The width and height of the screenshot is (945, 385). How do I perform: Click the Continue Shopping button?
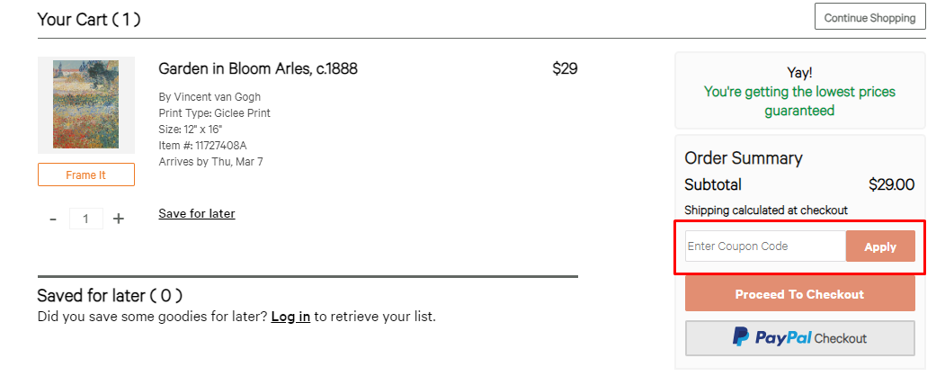coord(869,17)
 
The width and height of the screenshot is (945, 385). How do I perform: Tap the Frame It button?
coord(85,175)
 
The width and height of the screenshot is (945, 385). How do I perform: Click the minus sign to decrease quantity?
coord(53,219)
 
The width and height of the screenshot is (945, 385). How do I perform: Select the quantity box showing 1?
coord(86,219)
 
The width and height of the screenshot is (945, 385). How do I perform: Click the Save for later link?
coord(197,213)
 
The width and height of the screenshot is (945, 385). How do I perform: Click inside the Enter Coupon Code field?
coord(765,246)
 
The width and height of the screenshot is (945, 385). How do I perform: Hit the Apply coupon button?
coord(880,246)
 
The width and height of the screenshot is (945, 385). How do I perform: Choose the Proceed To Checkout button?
coord(799,294)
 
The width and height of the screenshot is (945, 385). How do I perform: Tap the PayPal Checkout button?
coord(799,338)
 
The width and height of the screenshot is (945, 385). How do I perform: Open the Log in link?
coord(290,317)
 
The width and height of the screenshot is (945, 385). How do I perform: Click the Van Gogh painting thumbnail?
coord(85,105)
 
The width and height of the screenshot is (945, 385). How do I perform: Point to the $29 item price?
coord(565,68)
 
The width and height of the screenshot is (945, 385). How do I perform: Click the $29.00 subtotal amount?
coord(891,184)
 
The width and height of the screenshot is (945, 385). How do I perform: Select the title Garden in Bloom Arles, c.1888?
coord(258,68)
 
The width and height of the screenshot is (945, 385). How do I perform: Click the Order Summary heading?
coord(743,158)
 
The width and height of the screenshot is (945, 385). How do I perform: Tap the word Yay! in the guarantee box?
coord(799,73)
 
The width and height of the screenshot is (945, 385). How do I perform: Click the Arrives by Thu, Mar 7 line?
coord(211,162)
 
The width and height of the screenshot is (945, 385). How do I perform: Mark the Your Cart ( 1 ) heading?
coord(89,19)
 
